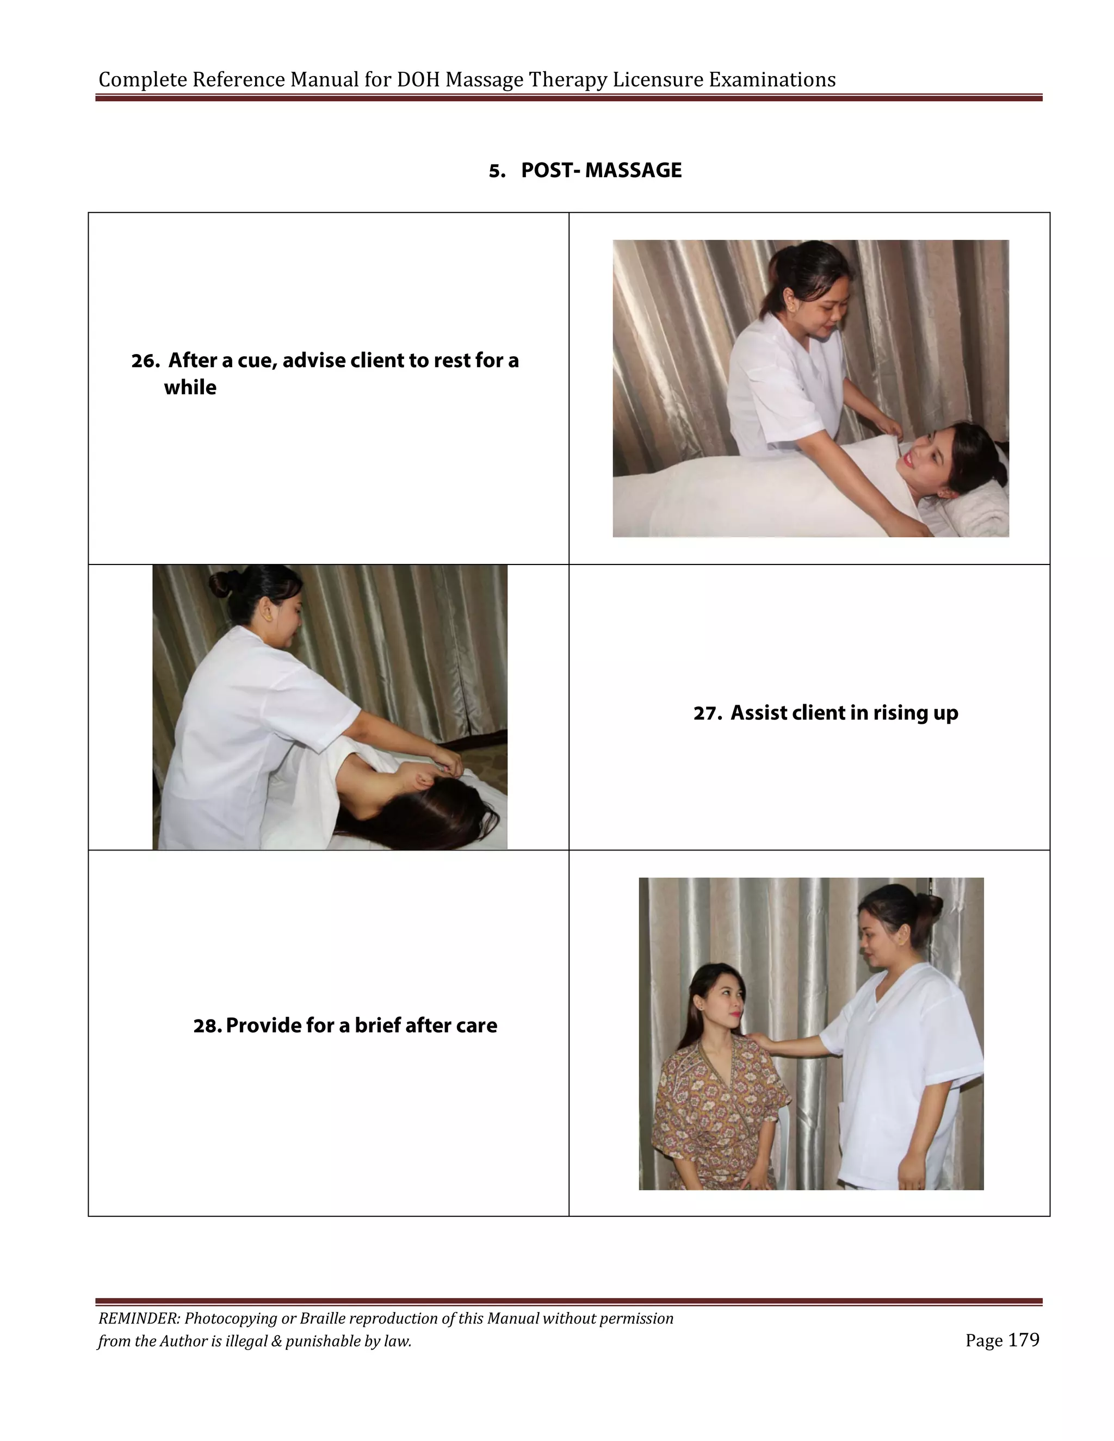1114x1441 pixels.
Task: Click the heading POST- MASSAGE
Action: coord(601,170)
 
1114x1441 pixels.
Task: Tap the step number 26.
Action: coord(145,362)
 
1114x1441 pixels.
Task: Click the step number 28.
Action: coord(207,1026)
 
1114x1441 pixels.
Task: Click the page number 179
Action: coord(1024,1340)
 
